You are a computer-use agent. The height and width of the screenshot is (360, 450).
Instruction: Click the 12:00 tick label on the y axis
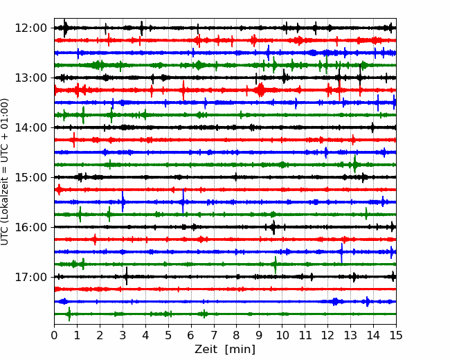pyautogui.click(x=30, y=28)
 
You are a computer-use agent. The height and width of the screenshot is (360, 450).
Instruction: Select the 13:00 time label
pyautogui.click(x=30, y=78)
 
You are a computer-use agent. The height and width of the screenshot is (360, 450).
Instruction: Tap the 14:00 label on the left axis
pyautogui.click(x=30, y=127)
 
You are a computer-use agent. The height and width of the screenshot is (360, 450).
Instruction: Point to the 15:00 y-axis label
pyautogui.click(x=30, y=177)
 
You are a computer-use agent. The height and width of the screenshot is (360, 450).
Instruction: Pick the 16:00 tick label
pyautogui.click(x=30, y=227)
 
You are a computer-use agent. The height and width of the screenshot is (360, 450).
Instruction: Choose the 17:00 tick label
pyautogui.click(x=30, y=277)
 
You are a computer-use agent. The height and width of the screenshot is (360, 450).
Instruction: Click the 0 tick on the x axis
pyautogui.click(x=54, y=335)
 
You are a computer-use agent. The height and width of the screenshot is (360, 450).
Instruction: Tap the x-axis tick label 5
pyautogui.click(x=168, y=335)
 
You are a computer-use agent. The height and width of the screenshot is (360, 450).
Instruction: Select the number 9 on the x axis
pyautogui.click(x=259, y=335)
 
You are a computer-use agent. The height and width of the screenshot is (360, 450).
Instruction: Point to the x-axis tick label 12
pyautogui.click(x=327, y=335)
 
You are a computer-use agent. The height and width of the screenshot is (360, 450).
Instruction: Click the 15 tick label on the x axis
pyautogui.click(x=396, y=335)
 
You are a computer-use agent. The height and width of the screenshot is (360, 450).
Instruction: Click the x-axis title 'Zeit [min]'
pyautogui.click(x=225, y=350)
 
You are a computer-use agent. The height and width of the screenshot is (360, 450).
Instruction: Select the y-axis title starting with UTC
pyautogui.click(x=5, y=172)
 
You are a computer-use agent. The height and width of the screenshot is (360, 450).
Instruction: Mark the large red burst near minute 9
pyautogui.click(x=260, y=90)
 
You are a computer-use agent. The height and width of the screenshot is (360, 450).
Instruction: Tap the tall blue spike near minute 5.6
pyautogui.click(x=183, y=201)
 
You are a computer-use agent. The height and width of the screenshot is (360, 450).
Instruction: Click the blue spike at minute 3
pyautogui.click(x=123, y=201)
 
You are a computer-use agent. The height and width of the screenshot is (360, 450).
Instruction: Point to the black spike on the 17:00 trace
pyautogui.click(x=127, y=276)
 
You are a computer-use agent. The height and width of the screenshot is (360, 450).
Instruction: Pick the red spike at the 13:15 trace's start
pyautogui.click(x=55, y=90)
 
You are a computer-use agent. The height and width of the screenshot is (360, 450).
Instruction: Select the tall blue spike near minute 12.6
pyautogui.click(x=341, y=253)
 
